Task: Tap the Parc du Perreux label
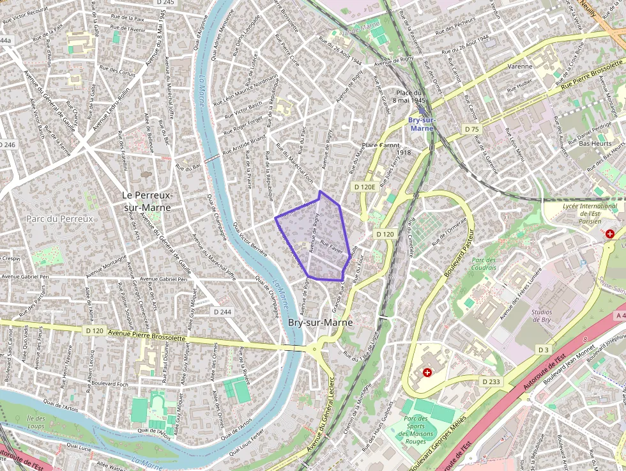[x=60, y=219]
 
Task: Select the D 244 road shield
[x=222, y=311]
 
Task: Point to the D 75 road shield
[x=471, y=129]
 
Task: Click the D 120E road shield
[x=364, y=187]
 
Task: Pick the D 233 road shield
[x=491, y=382]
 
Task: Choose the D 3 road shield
[x=544, y=350]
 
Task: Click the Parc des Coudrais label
[x=484, y=263]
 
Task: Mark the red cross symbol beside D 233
[x=427, y=371]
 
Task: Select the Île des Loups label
[x=36, y=421]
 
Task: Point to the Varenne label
[x=520, y=66]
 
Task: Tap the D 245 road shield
[x=165, y=3]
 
